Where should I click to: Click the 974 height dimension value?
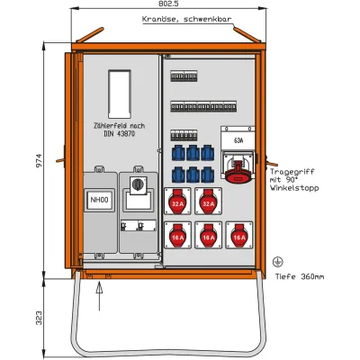pyautogui.click(x=39, y=161)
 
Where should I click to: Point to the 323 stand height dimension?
pyautogui.click(x=39, y=318)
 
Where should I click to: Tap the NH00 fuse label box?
pyautogui.click(x=99, y=200)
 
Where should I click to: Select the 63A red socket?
pyautogui.click(x=238, y=172)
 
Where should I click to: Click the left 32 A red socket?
pyautogui.click(x=177, y=202)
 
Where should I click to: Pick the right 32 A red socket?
pyautogui.click(x=208, y=202)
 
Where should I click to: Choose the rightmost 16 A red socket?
pyautogui.click(x=239, y=236)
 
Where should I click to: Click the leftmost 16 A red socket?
pyautogui.click(x=177, y=236)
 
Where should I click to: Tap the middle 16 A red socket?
pyautogui.click(x=209, y=236)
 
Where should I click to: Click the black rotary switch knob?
pyautogui.click(x=138, y=184)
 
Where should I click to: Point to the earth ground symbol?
pyautogui.click(x=277, y=262)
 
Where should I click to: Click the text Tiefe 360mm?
pyautogui.click(x=300, y=276)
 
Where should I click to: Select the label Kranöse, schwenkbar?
pyautogui.click(x=186, y=19)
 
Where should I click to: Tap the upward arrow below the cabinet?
pyautogui.click(x=99, y=296)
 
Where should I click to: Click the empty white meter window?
pyautogui.click(x=120, y=94)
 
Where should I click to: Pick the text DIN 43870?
pyautogui.click(x=119, y=134)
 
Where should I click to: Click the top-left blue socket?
pyautogui.click(x=178, y=153)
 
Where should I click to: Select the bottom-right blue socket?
pyautogui.click(x=208, y=175)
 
